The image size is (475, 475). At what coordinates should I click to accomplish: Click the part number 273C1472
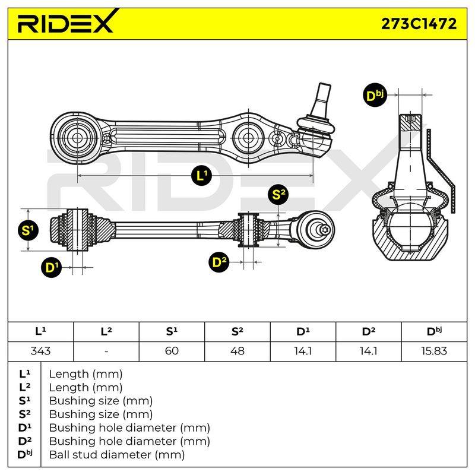[419, 24]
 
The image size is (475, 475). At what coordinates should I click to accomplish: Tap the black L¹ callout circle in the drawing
[201, 175]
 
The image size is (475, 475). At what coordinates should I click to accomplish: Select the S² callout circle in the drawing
[278, 195]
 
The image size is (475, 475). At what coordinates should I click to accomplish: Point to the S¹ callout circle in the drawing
[28, 231]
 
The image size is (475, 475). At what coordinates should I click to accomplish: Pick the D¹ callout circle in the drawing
[52, 268]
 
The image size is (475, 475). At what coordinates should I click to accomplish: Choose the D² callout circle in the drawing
[219, 262]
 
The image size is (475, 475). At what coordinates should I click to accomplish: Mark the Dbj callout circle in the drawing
[374, 96]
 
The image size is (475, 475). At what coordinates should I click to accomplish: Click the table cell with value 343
[40, 351]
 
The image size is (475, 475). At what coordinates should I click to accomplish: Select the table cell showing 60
[172, 351]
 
